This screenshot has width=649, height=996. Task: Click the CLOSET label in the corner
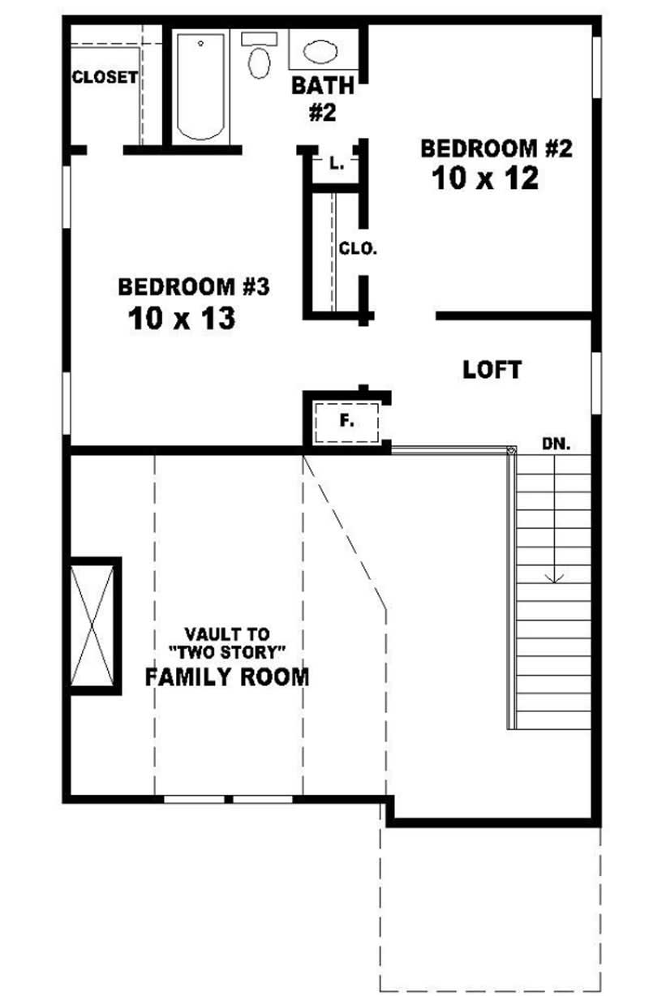coord(104,78)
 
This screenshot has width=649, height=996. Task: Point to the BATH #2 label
coord(322,98)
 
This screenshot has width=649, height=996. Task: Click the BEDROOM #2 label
coord(496,148)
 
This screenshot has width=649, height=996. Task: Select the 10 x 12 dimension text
coord(485,178)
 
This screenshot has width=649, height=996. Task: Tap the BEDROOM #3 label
coord(193,287)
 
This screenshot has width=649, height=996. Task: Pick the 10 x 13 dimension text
coord(181,318)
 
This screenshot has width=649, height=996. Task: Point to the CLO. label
coord(358,249)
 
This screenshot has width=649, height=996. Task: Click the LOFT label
coord(492,370)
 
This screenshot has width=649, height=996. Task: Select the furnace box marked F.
coord(346,422)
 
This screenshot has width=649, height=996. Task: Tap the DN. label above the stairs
coord(557,444)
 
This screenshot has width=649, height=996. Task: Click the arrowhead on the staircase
coord(555,577)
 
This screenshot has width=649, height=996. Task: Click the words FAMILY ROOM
coord(226,676)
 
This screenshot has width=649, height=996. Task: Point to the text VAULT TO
coord(226,634)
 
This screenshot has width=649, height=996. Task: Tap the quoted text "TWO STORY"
coord(226,653)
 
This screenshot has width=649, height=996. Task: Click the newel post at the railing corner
coord(511,450)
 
